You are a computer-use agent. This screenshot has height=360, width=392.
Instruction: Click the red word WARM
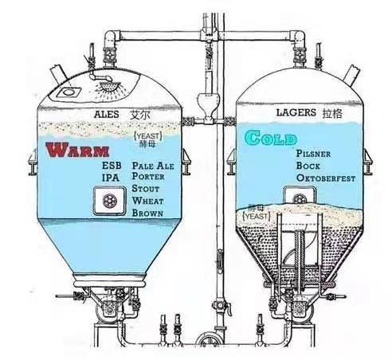coord(77,150)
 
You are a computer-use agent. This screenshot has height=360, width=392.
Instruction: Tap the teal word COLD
coord(270,138)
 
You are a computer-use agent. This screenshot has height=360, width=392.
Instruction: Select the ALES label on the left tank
coord(107,115)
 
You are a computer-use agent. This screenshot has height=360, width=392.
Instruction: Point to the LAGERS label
coord(296,112)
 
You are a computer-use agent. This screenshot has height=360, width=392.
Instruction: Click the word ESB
coord(112,166)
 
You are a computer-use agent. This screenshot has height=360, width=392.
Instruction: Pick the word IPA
coord(111,178)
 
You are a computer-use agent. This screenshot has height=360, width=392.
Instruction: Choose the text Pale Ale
coord(153,166)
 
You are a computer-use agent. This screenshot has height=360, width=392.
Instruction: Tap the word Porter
coord(148,176)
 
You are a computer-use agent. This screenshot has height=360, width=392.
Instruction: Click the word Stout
coord(146,189)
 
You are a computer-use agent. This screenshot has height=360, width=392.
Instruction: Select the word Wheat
coord(147,201)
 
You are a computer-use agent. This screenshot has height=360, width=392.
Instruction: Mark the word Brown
coord(147,213)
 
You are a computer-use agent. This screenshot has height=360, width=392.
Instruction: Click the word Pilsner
coord(313,154)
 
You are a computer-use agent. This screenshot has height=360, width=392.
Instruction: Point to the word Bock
coord(308,166)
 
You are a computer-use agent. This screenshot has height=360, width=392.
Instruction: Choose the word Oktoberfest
coord(326,178)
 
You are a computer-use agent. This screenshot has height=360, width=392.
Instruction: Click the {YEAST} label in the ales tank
coord(148,136)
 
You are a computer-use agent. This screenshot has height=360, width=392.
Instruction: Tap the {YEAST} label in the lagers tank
coord(257,217)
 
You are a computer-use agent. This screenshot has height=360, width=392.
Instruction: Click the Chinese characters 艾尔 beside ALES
coord(140,115)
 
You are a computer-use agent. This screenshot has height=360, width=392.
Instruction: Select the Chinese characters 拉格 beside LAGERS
coord(332,113)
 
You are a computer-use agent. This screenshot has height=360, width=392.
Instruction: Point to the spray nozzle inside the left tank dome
coord(110,87)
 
